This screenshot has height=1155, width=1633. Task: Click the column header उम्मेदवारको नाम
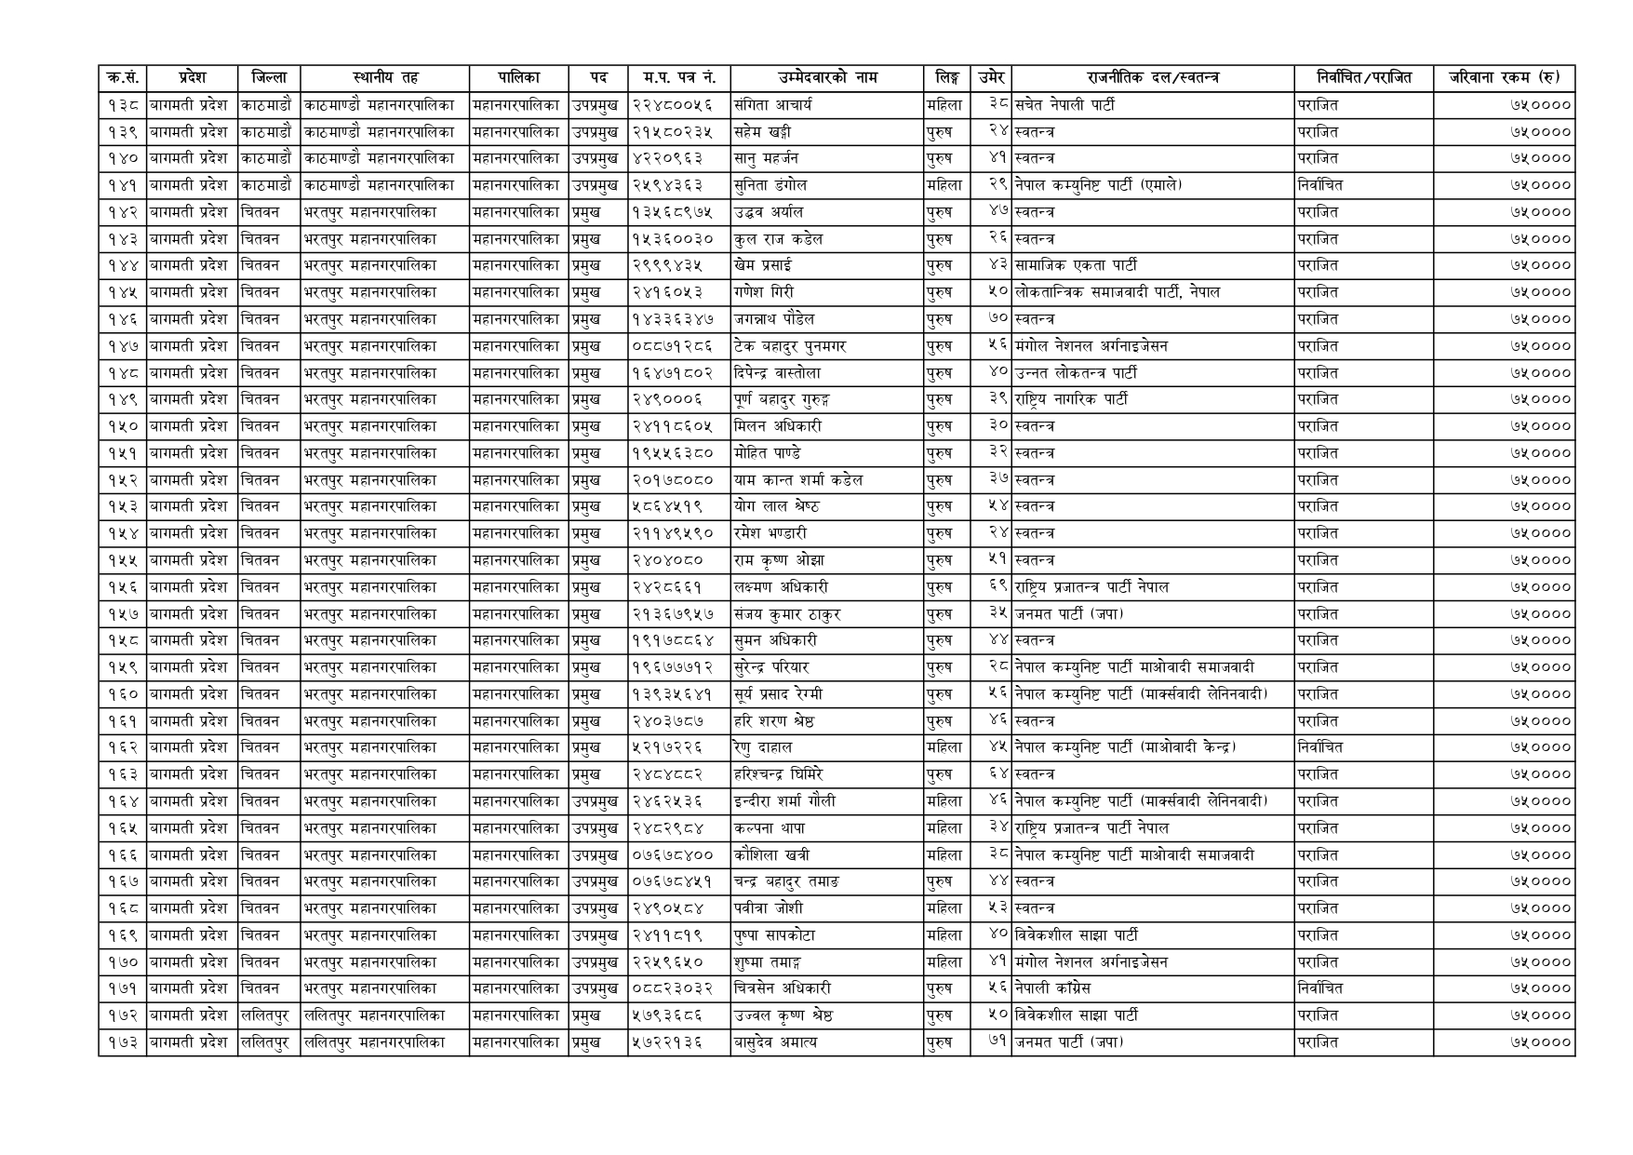click(x=827, y=78)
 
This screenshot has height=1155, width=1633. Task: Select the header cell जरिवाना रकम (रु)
click(x=1503, y=78)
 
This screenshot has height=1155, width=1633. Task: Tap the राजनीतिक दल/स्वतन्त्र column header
click(x=1153, y=78)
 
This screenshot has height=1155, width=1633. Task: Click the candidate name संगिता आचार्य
click(x=773, y=105)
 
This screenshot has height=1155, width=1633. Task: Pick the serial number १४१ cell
click(x=122, y=185)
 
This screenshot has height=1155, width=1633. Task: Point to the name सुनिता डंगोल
click(x=770, y=185)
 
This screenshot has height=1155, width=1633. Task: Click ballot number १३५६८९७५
click(x=673, y=212)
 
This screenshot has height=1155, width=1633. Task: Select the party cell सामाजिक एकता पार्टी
click(x=1076, y=266)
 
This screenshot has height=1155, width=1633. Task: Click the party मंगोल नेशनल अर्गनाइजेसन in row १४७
click(x=1091, y=346)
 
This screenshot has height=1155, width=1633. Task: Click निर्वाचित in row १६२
click(x=1320, y=747)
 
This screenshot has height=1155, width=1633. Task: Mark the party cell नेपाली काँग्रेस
click(x=1052, y=988)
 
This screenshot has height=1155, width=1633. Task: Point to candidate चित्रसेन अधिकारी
click(x=782, y=988)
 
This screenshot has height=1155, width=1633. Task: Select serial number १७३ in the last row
click(x=122, y=1042)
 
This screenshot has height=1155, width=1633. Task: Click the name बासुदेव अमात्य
click(x=775, y=1042)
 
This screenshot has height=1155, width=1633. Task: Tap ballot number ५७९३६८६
click(x=667, y=1015)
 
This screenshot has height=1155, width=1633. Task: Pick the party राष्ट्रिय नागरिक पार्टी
click(x=1071, y=400)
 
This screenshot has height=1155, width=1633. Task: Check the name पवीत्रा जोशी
click(x=768, y=908)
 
